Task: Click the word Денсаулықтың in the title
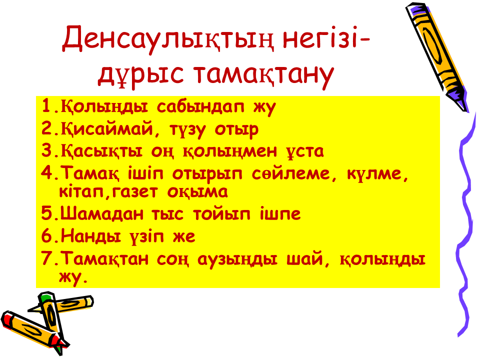point(168,39)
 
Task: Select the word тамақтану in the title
point(263,74)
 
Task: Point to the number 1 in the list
point(46,105)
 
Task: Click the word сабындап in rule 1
point(200,107)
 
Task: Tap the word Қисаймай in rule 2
point(106,128)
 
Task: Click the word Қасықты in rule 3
point(101,151)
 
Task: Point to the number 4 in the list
point(47,172)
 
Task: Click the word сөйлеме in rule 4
point(291,173)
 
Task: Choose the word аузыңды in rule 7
point(237,259)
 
